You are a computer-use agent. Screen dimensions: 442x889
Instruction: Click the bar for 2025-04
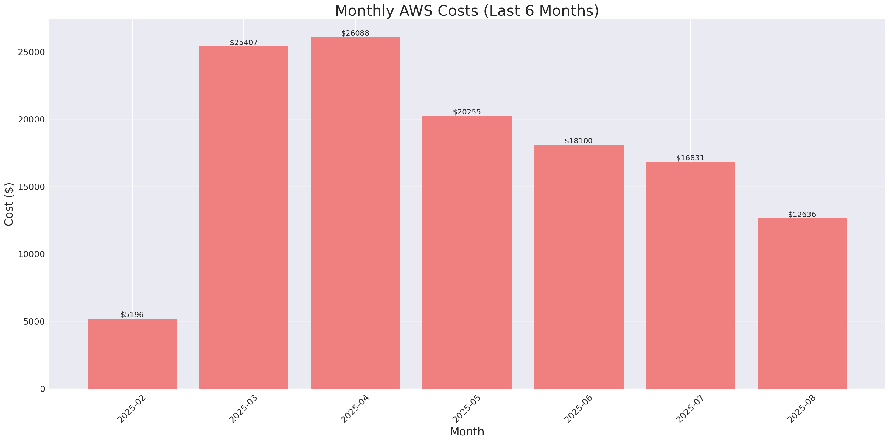click(355, 213)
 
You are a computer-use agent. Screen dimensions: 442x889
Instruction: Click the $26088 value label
click(355, 33)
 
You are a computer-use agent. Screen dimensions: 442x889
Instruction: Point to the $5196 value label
click(132, 314)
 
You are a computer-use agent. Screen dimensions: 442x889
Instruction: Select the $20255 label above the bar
click(467, 112)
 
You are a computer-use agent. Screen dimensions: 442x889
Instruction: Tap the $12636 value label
click(802, 214)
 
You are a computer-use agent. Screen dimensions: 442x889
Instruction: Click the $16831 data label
click(690, 158)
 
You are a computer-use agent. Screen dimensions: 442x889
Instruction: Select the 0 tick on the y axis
click(42, 389)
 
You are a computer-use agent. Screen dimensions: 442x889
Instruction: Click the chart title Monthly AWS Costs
click(467, 11)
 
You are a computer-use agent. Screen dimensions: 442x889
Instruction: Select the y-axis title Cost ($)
click(9, 204)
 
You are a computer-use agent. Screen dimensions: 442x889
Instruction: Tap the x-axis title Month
click(467, 432)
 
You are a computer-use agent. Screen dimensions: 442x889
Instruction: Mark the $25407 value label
click(243, 43)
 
